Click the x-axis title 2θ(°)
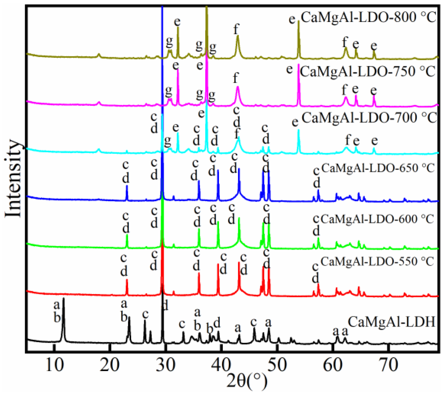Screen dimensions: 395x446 [247, 383]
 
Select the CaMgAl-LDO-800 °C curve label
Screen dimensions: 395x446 [368, 17]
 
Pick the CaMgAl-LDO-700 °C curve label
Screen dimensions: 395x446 [369, 117]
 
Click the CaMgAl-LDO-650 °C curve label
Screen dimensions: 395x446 [378, 168]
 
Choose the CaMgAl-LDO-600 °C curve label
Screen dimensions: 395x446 [377, 219]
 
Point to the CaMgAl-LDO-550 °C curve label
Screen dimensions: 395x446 [377, 261]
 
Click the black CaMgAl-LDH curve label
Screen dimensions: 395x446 [392, 322]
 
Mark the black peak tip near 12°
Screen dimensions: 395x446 [63, 298]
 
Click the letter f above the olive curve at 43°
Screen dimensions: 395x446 [236, 29]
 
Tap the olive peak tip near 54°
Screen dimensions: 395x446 [299, 21]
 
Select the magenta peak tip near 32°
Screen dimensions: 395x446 [178, 70]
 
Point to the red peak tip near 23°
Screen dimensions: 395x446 [127, 280]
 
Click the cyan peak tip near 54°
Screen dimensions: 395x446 [299, 130]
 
